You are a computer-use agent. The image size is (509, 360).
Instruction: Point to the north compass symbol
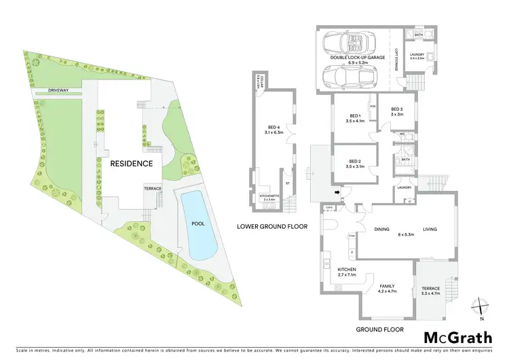point(480,310)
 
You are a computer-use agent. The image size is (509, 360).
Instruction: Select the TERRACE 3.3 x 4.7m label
point(431,291)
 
